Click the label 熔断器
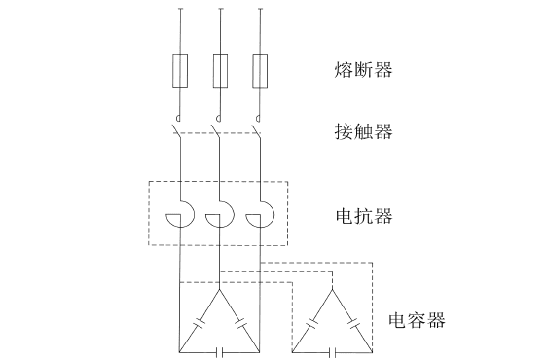[363, 69]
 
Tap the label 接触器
[363, 130]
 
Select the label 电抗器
[363, 215]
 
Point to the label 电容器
[417, 319]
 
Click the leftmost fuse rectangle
[180, 69]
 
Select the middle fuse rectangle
[220, 69]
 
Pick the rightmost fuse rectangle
[260, 69]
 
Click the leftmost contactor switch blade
[177, 128]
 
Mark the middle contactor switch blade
[217, 128]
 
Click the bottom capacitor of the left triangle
[220, 350]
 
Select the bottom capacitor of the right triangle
[333, 350]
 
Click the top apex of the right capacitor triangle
[333, 289]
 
